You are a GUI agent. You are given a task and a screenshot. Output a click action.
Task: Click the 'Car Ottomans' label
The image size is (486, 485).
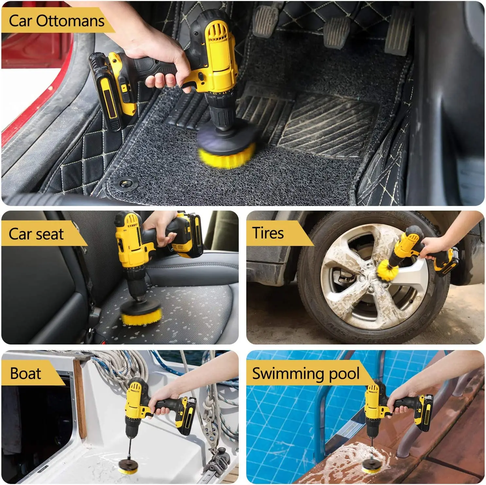click(x=56, y=21)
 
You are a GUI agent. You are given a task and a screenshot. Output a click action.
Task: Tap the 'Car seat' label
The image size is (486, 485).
click(x=36, y=234)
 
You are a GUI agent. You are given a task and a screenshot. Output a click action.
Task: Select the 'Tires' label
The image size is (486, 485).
click(x=268, y=233)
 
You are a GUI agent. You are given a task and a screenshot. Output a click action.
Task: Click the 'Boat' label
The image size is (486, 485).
click(x=26, y=373)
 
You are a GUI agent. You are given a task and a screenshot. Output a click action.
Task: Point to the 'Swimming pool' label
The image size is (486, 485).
click(x=305, y=373)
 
